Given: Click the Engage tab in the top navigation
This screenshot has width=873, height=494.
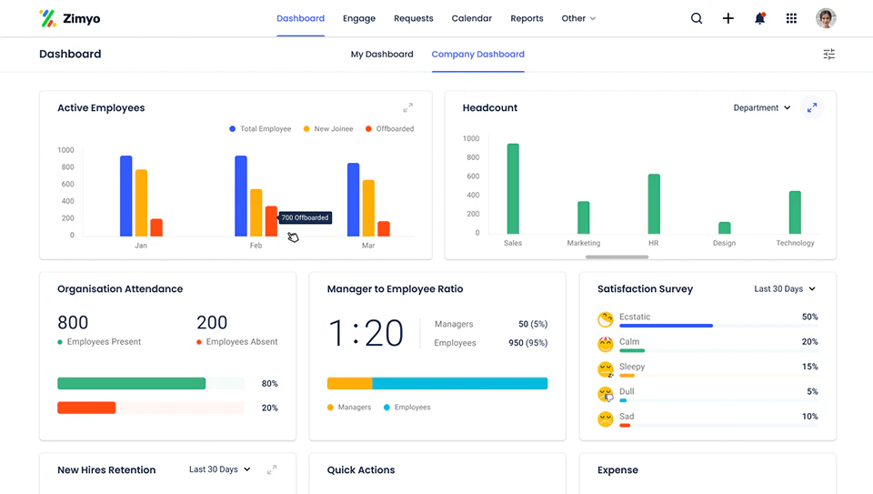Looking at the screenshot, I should [359, 18].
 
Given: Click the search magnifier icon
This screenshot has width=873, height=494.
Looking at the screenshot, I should [697, 18].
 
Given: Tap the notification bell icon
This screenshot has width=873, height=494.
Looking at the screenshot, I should [759, 18].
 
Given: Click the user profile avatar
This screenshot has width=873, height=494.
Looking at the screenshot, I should [826, 18].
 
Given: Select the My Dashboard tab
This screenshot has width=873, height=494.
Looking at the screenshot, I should [382, 55].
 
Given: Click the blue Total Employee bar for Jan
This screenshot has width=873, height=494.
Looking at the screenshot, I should [125, 196].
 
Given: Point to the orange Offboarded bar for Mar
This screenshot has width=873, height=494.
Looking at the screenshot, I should [384, 228].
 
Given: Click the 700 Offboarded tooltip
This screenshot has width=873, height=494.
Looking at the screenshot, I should [305, 217].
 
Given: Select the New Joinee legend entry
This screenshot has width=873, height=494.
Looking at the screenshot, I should [328, 129].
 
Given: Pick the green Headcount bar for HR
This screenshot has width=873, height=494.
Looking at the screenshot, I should [654, 204].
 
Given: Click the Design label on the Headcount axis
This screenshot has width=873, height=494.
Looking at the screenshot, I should [724, 243].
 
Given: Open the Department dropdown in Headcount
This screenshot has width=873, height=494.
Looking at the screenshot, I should [762, 107].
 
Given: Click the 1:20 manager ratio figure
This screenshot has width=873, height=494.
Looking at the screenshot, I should [366, 333].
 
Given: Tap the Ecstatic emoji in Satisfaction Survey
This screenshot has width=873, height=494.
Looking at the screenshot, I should [605, 319].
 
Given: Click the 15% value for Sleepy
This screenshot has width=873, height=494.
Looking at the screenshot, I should [809, 367].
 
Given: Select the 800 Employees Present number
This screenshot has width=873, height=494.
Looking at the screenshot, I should [73, 322].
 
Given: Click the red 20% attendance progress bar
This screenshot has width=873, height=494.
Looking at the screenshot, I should [86, 408].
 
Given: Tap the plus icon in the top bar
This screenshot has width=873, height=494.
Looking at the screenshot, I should [728, 18].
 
